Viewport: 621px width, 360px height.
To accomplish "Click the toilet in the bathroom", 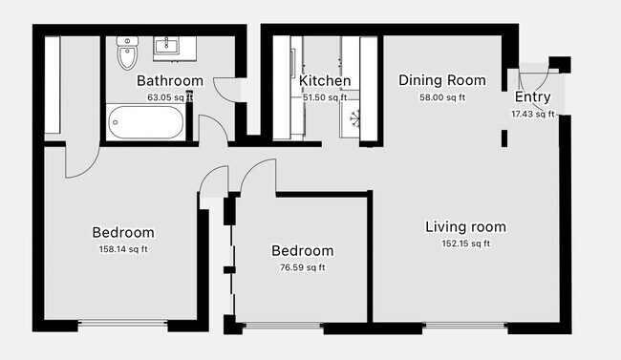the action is [127, 53].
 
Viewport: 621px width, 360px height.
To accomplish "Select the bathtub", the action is [146, 121].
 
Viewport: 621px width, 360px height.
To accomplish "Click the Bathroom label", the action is [170, 81].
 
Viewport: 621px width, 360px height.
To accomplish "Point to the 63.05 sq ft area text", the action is [170, 97].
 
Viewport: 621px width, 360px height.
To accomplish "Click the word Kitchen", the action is [325, 81].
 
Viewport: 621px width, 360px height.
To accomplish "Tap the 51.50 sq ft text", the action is [325, 97].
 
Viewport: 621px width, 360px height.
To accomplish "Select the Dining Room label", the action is [442, 80].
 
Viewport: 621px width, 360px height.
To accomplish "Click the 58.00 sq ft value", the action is [442, 97].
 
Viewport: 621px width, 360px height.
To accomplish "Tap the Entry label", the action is [533, 96].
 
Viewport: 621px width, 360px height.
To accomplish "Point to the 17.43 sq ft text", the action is [533, 114].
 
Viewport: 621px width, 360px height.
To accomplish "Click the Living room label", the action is [466, 227].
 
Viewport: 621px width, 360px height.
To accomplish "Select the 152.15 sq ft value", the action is [466, 244].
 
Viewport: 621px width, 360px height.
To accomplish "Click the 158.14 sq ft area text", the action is [123, 249].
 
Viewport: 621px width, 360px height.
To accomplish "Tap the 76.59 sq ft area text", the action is [303, 267].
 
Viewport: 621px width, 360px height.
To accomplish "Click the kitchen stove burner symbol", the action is [354, 118].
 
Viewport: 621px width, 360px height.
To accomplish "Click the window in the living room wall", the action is [465, 326].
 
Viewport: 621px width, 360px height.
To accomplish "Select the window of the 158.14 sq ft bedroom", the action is [123, 324].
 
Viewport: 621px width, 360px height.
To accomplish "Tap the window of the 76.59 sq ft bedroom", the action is [283, 326].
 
